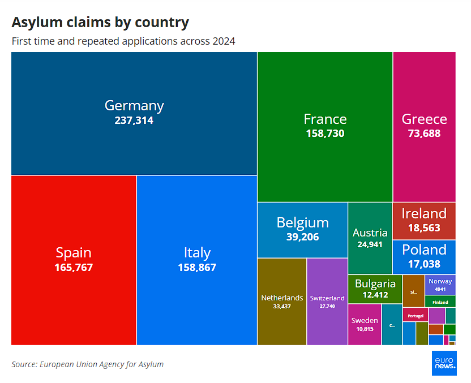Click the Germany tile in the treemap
coord(134,113)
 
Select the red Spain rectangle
coord(74,260)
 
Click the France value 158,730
coord(325,134)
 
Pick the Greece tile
coord(424,127)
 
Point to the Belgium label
coord(302,222)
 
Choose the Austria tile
coord(370,238)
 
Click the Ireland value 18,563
coord(424,227)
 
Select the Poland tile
coord(424,256)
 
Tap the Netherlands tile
coord(282,302)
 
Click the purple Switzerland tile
coord(327,302)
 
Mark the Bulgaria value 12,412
coord(375,295)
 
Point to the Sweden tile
coord(365,324)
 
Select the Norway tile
coord(440,285)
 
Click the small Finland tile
coord(440,302)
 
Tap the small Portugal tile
coord(415,315)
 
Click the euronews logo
coord(444,363)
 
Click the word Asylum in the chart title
coord(36,23)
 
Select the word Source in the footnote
coord(24,364)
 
